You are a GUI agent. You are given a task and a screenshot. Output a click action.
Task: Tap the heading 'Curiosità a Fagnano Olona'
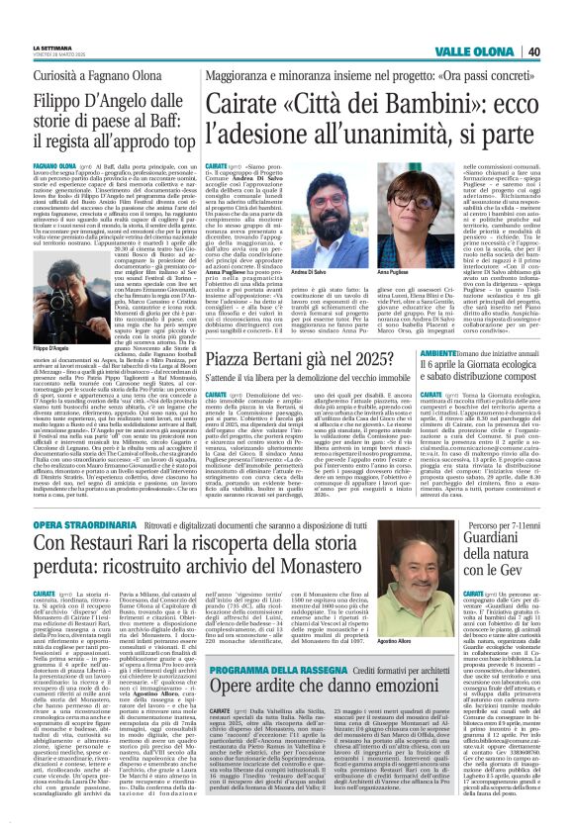(x=80, y=74)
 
